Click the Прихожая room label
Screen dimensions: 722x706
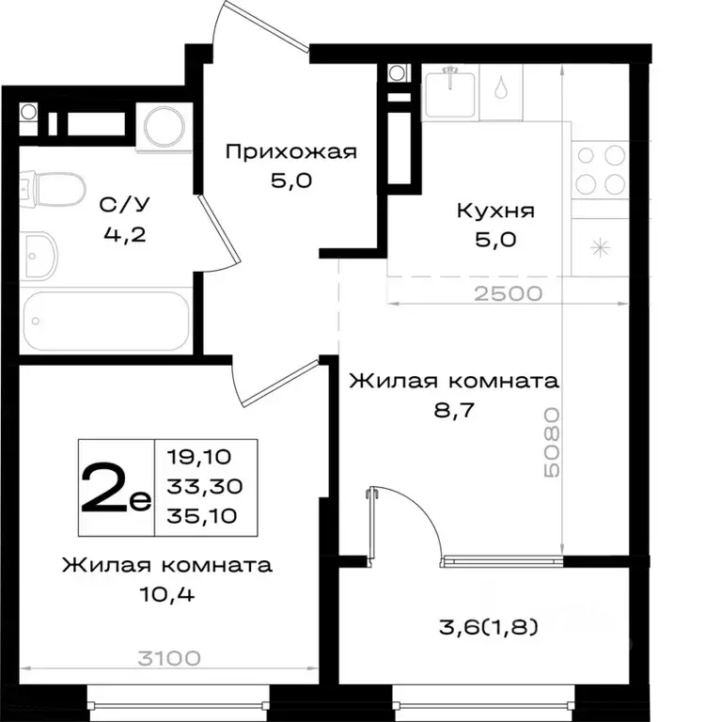point(291,151)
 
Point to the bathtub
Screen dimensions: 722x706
point(103,321)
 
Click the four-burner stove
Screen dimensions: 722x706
point(600,168)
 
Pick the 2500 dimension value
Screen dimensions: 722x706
point(509,292)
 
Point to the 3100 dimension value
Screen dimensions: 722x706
point(169,658)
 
